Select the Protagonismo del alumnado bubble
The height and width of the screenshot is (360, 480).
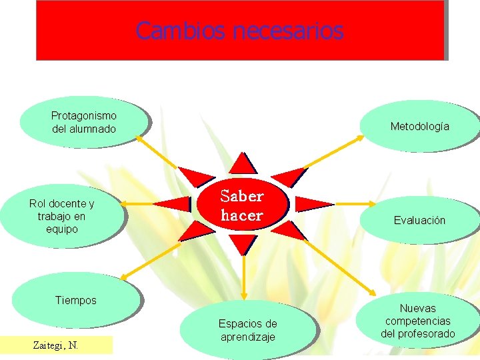[83, 123]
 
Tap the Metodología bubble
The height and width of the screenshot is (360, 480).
[419, 126]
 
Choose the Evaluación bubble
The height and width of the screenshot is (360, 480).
[419, 220]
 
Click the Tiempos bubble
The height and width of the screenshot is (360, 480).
[75, 301]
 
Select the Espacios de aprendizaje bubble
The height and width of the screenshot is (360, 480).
[247, 330]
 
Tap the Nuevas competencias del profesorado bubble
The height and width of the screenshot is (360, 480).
[418, 320]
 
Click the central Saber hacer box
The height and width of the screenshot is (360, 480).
[242, 205]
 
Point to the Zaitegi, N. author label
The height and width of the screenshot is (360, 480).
[56, 345]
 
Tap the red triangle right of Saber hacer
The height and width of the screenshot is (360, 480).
[312, 204]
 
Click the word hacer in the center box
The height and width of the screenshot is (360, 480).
[242, 215]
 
